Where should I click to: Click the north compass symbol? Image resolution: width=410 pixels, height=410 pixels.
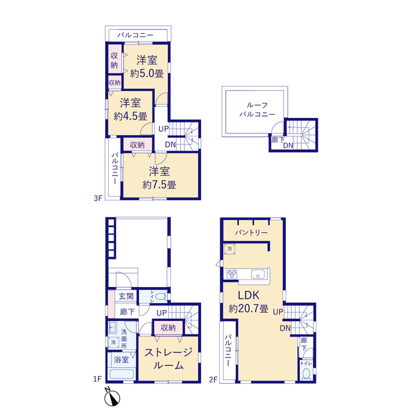[112, 397]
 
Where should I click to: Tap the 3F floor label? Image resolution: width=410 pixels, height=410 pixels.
[98, 199]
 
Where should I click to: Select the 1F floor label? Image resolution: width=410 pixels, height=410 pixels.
[97, 379]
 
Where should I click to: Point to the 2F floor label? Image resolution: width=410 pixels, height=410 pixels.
[213, 379]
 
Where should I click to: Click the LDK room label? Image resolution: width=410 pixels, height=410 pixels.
[249, 295]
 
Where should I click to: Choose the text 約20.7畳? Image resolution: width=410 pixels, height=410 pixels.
[249, 309]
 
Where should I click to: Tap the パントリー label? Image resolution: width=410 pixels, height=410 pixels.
[251, 232]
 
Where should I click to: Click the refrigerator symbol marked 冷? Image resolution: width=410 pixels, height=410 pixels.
[229, 249]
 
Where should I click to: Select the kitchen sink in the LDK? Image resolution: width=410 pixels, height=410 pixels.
[258, 275]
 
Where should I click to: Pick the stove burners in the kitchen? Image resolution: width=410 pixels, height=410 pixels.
[232, 274]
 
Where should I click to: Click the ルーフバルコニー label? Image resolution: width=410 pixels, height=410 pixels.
[258, 110]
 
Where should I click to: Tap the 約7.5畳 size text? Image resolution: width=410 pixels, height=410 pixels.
[160, 185]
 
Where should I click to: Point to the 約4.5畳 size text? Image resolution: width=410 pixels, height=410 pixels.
[130, 116]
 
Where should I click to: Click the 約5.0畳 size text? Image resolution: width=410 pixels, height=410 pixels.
[147, 74]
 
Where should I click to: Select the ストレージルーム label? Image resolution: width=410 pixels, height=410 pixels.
[168, 359]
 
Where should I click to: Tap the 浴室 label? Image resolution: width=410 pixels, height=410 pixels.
[121, 359]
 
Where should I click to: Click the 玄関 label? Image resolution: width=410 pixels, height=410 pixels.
[126, 296]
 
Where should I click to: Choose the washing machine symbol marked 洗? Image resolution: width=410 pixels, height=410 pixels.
[113, 342]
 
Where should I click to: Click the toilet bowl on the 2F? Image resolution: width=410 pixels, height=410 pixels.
[306, 374]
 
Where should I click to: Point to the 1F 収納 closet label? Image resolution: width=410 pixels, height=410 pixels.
[168, 327]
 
